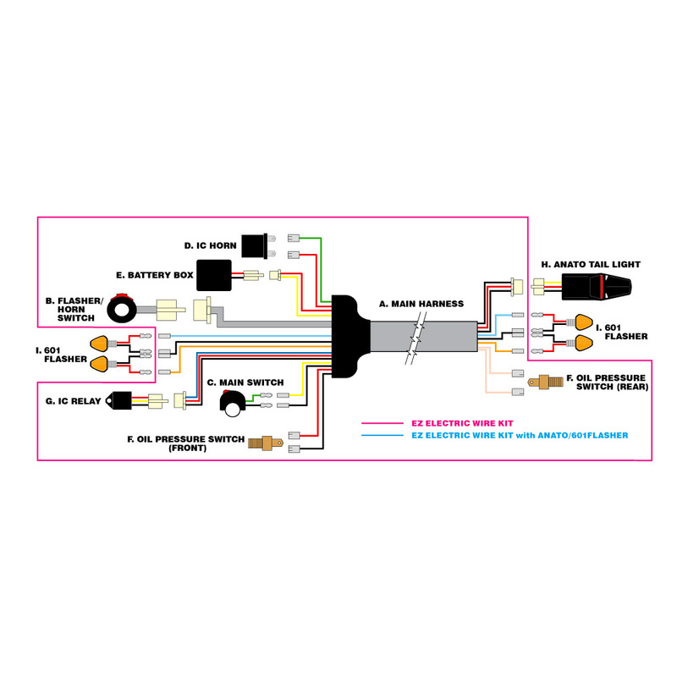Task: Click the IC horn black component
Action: coord(253,245)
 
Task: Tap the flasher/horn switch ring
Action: coord(124,311)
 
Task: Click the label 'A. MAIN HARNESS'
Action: coord(421,303)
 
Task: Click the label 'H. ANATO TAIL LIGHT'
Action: coord(591,264)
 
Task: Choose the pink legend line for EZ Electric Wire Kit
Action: coord(384,423)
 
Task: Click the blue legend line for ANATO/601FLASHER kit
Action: coord(384,435)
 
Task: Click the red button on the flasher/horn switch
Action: coord(123,296)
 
